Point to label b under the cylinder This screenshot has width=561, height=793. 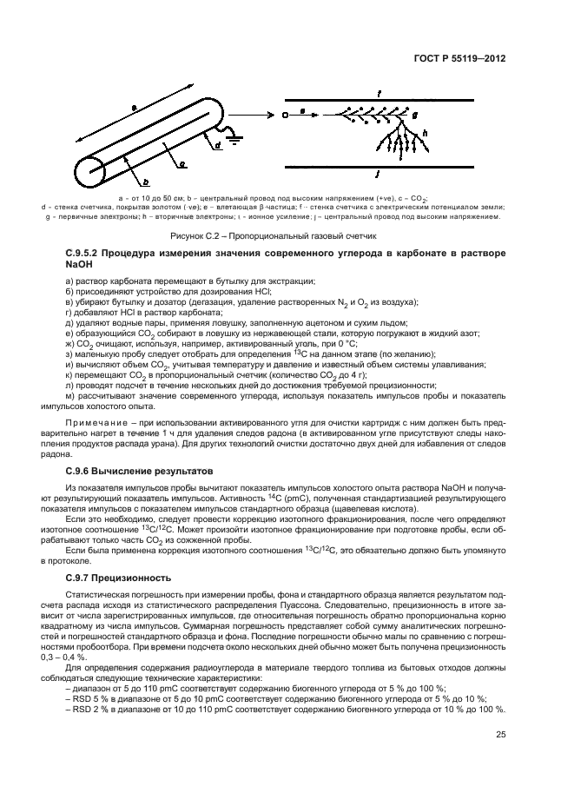click(x=145, y=182)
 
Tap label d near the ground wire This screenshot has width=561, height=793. click(x=217, y=148)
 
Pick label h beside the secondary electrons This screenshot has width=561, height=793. click(x=424, y=133)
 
